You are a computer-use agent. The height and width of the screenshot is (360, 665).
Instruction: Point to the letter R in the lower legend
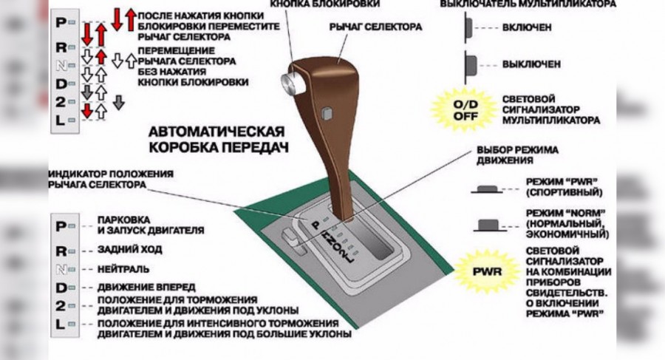tap(61, 250)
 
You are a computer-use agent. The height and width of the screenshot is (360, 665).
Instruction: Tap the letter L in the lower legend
tap(61, 325)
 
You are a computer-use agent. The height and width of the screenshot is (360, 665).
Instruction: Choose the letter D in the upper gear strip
tap(61, 84)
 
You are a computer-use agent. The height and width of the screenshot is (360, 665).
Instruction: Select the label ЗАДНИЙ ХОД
tap(129, 250)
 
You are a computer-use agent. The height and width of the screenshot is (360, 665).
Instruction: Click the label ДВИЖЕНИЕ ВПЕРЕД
tap(146, 286)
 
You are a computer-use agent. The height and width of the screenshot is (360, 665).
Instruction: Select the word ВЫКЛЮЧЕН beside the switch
tap(531, 64)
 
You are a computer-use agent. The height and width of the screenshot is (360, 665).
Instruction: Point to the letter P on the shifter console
tap(315, 222)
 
